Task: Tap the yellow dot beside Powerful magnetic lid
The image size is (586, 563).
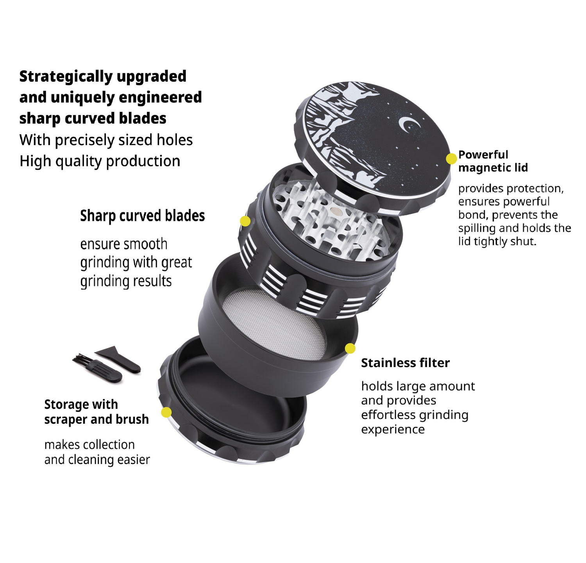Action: (x=451, y=158)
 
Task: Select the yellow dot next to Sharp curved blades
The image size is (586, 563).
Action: (x=245, y=221)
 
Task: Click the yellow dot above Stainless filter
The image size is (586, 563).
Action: (x=350, y=348)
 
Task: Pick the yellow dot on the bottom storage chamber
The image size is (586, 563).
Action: (x=166, y=412)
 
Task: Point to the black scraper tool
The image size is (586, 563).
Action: (x=119, y=358)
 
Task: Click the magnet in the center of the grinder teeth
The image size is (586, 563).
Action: (x=335, y=212)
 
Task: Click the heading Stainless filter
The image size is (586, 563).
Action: (x=406, y=363)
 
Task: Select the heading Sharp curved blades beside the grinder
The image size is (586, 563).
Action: (x=143, y=216)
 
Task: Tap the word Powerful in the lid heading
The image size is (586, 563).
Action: (x=483, y=155)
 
